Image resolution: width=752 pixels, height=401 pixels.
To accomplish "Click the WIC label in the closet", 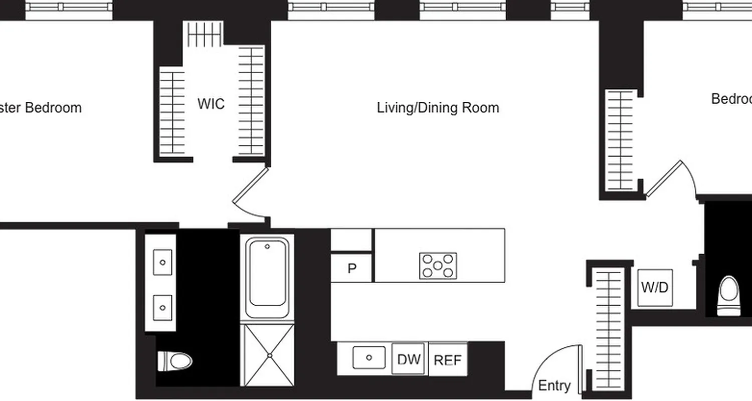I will point(211,104).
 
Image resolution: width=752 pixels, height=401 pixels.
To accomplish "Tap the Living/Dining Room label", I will point(438,108).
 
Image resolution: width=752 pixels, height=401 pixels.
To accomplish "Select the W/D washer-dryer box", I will point(655,288).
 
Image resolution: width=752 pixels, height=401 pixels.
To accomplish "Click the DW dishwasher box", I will point(409,359).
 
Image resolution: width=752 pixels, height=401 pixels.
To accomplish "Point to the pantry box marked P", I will point(351,268).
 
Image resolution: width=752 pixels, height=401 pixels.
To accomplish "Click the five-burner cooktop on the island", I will point(438,266).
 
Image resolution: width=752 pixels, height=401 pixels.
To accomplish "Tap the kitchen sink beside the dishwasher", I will point(369,357).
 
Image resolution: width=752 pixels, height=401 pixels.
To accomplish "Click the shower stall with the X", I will point(268,355).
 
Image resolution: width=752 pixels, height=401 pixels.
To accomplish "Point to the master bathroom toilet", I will point(175,360).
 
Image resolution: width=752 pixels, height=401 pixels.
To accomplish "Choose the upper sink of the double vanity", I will point(162,262).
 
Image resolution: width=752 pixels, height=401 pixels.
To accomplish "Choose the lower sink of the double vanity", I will point(162,307).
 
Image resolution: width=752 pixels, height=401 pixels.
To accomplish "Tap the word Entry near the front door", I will point(554,385).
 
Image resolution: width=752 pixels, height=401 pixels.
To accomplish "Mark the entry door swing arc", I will point(554,363).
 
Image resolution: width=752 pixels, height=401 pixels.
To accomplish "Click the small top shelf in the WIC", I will point(204,34).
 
